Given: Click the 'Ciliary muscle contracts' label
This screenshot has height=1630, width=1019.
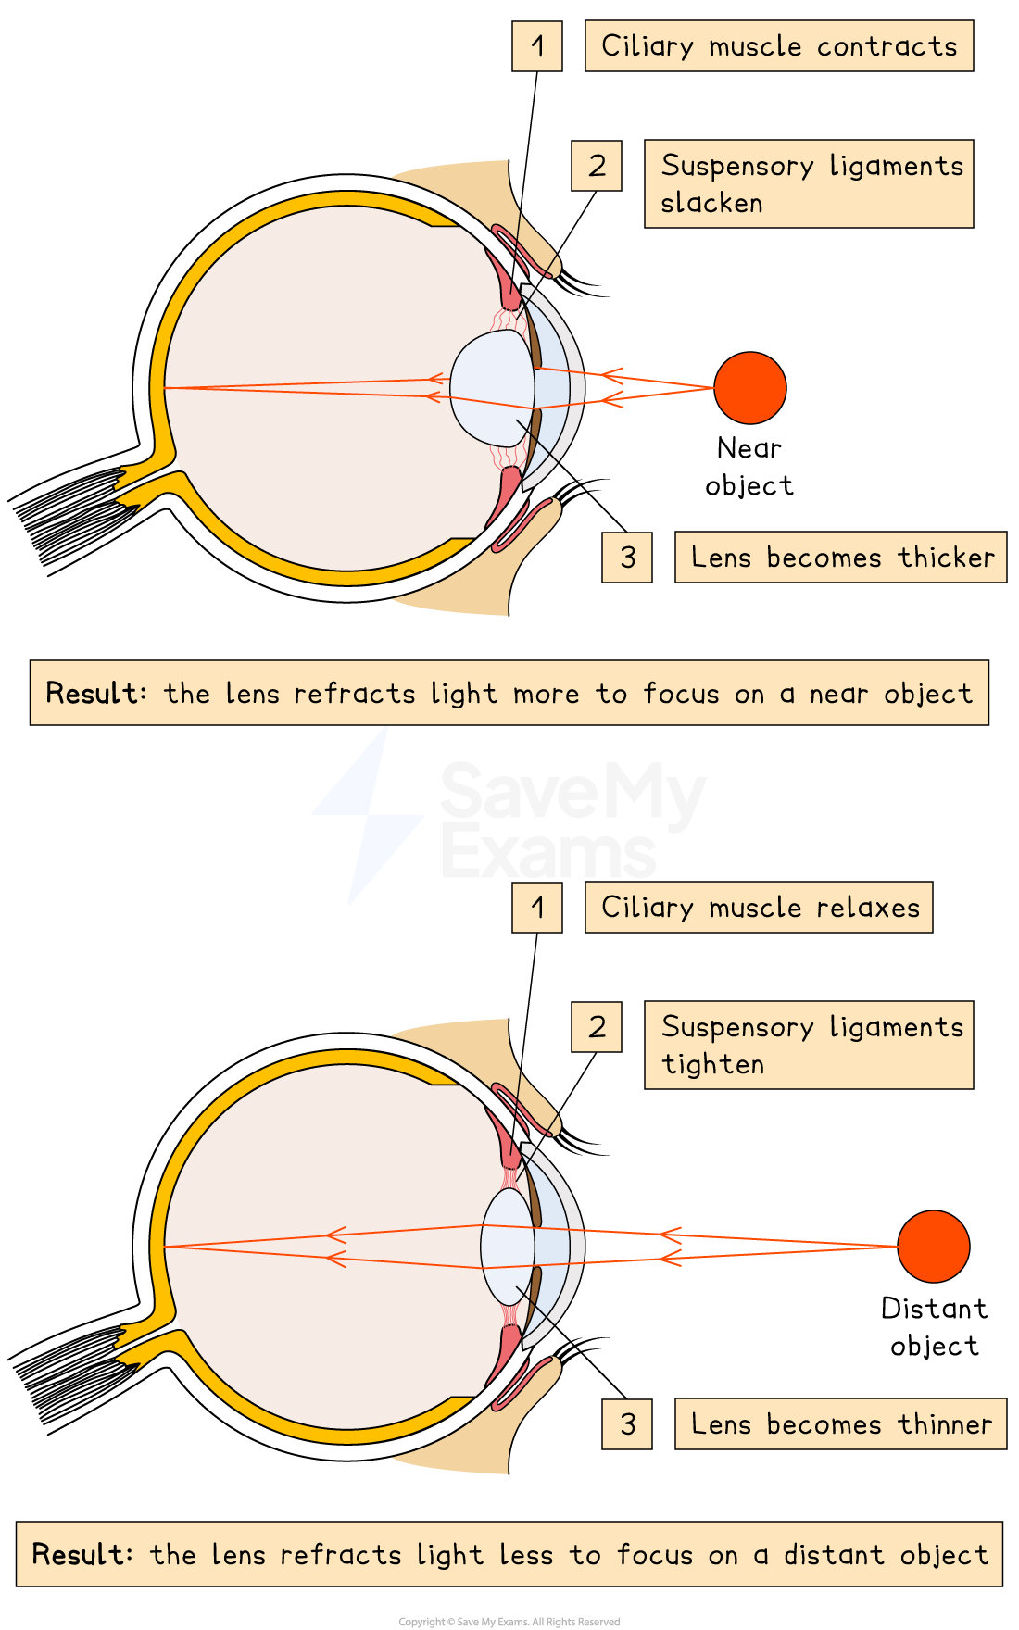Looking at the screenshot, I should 778,46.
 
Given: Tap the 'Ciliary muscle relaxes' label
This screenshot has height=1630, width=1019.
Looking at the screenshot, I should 759,908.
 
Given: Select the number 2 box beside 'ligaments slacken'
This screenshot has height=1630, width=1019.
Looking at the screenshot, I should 597,166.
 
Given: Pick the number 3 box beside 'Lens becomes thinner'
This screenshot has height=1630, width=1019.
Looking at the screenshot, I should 627,1424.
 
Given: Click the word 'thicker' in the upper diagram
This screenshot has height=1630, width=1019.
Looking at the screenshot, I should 946,558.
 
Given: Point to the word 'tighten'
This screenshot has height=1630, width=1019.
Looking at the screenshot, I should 713,1065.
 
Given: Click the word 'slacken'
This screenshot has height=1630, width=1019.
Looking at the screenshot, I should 711,204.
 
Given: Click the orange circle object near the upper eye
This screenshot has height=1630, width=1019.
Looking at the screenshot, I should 750,388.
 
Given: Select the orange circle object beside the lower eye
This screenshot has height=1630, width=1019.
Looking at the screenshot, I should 933,1247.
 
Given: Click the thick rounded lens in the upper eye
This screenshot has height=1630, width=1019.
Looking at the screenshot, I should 491,387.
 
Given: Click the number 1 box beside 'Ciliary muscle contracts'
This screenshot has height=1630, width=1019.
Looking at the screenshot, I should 537,46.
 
